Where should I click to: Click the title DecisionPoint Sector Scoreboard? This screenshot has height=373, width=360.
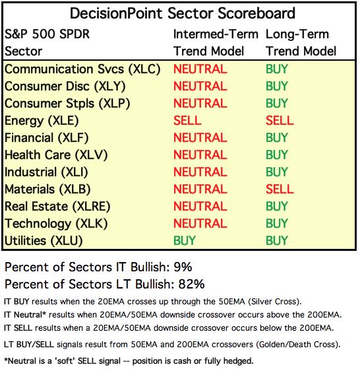pyautogui.click(x=182, y=13)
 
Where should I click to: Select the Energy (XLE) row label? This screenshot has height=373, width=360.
pyautogui.click(x=42, y=121)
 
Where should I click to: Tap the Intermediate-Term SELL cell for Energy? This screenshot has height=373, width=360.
pyautogui.click(x=187, y=120)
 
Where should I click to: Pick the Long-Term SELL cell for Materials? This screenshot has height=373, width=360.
pyautogui.click(x=280, y=189)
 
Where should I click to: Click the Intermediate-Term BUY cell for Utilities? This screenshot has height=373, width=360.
pyautogui.click(x=185, y=240)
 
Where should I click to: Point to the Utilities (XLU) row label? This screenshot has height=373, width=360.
pyautogui.click(x=44, y=241)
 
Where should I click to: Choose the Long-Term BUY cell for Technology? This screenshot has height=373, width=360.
pyautogui.click(x=277, y=223)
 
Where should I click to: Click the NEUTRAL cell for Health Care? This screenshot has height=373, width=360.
pyautogui.click(x=200, y=155)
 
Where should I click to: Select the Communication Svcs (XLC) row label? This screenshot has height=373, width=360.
pyautogui.click(x=82, y=69)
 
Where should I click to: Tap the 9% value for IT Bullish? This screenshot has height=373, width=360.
pyautogui.click(x=183, y=267)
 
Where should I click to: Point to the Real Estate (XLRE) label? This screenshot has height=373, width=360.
pyautogui.click(x=57, y=207)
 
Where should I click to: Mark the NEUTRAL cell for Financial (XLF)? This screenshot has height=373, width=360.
pyautogui.click(x=200, y=138)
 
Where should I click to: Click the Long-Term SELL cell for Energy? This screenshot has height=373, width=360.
pyautogui.click(x=280, y=120)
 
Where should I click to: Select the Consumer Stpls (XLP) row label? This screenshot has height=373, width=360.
pyautogui.click(x=67, y=104)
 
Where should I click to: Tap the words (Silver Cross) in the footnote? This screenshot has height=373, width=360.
pyautogui.click(x=275, y=302)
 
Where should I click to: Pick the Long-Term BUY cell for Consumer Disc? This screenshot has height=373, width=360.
pyautogui.click(x=277, y=86)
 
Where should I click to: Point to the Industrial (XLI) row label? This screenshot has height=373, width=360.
pyautogui.click(x=46, y=172)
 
